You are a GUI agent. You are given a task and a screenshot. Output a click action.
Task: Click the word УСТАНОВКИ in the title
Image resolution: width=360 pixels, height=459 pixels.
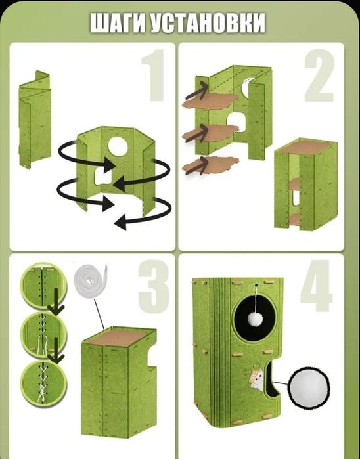click(208, 23)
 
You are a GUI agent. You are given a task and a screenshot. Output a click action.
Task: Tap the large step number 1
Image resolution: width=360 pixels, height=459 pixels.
click(154, 75)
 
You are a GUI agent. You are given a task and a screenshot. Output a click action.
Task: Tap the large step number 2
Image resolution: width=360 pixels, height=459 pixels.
click(319, 76)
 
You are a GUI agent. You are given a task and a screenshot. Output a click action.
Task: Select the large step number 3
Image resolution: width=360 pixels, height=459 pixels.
click(154, 286)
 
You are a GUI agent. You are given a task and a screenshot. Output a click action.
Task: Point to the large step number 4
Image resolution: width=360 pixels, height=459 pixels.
click(317, 286)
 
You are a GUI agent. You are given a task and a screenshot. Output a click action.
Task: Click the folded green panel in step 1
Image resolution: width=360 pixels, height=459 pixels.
click(35, 120)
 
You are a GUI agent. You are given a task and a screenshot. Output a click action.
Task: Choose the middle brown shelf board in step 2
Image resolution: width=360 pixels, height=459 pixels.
click(210, 133)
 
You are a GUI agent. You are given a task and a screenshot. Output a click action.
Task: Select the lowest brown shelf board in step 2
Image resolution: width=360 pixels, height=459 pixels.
click(210, 164)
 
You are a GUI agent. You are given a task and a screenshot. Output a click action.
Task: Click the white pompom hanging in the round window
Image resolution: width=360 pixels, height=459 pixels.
click(256, 319)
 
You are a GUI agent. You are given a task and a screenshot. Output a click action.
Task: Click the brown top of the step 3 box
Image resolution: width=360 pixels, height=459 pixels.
click(119, 337)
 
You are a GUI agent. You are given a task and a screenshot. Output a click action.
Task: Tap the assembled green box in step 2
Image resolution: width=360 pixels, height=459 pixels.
click(305, 185)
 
